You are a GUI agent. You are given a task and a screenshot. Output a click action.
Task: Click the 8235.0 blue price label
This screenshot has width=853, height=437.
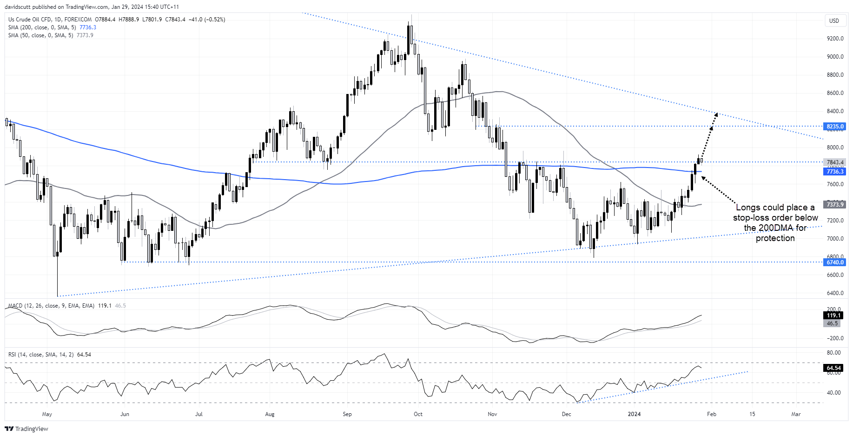(835, 127)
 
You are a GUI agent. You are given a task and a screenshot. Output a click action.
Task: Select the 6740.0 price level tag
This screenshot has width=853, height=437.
(835, 262)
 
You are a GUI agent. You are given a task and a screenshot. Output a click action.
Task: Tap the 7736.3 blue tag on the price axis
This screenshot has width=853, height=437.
(835, 172)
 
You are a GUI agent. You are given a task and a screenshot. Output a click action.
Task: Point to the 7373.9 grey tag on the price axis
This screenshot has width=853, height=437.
(835, 205)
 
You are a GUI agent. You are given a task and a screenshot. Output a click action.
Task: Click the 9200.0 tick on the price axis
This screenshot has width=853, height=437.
(835, 39)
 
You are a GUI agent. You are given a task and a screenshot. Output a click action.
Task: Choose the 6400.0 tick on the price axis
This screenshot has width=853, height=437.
(835, 293)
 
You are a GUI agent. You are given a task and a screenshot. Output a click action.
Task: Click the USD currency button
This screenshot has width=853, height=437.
(834, 21)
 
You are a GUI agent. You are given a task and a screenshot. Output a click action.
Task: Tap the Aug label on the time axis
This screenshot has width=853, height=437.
(270, 414)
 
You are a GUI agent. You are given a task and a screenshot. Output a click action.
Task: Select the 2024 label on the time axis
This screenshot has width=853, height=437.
(634, 414)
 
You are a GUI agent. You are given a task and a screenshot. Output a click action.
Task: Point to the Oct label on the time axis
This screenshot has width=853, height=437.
(418, 414)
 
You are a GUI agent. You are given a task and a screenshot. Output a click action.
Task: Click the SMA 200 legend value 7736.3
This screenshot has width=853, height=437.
(88, 27)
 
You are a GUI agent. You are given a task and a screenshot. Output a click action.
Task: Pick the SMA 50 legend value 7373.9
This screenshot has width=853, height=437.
(85, 35)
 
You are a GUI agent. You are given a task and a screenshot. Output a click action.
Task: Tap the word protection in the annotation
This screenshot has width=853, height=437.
(775, 238)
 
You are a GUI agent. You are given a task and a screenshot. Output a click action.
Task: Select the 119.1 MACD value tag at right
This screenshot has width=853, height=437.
(833, 316)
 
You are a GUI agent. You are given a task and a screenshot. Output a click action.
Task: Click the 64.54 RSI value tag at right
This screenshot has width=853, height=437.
(833, 368)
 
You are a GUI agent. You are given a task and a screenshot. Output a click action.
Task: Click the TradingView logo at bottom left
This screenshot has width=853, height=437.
(26, 429)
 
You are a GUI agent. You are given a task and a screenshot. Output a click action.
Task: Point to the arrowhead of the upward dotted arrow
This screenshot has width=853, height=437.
(716, 114)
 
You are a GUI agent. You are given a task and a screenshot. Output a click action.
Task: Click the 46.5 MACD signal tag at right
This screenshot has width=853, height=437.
(832, 323)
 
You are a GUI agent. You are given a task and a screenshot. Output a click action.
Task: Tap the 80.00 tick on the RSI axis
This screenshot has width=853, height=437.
(833, 353)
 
